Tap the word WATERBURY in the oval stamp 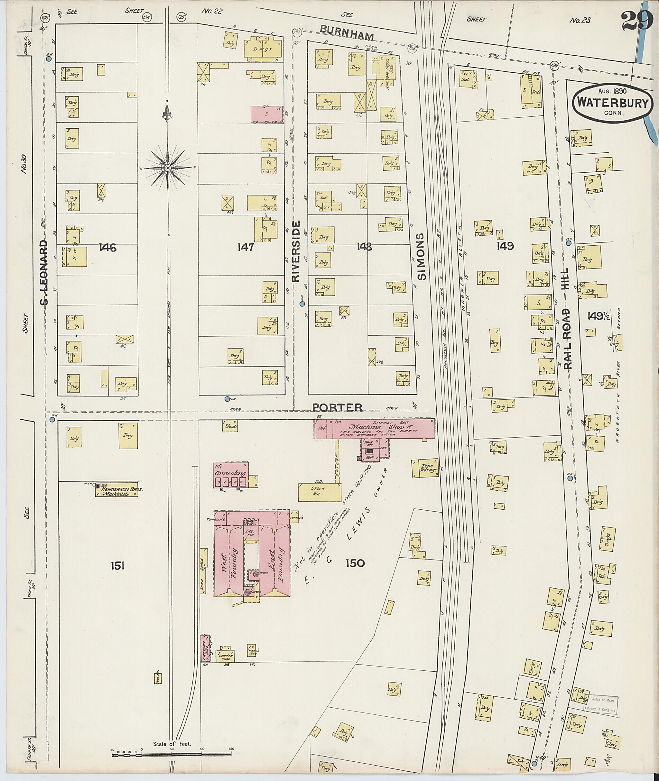coord(614,103)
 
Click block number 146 coord(108,247)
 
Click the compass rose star coord(168,168)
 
